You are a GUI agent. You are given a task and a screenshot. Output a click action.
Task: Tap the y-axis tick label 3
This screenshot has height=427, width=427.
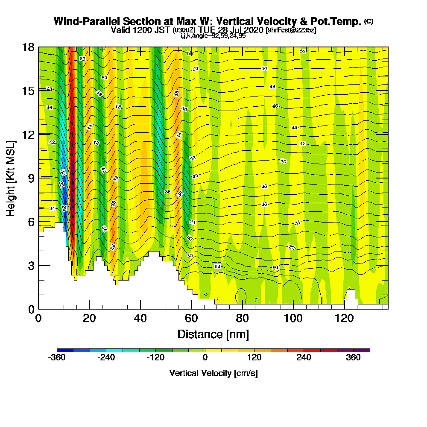(x=31, y=265)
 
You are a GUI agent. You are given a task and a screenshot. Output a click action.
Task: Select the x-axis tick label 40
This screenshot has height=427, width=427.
(x=140, y=319)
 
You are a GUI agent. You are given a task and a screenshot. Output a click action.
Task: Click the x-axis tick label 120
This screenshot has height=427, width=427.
(x=343, y=319)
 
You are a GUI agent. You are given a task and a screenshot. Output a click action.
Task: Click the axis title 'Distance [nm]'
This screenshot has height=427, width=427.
(x=213, y=333)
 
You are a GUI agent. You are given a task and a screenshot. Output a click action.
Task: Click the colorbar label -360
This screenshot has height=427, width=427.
(x=57, y=358)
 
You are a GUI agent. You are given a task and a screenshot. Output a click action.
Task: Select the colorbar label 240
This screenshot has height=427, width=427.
(x=304, y=358)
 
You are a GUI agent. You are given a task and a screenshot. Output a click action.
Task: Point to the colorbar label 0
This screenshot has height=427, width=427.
(x=205, y=358)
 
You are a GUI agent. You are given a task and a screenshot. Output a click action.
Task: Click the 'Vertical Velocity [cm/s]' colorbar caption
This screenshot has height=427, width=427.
(x=213, y=373)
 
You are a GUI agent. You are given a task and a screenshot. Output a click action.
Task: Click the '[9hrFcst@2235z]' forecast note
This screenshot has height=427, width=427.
(x=291, y=30)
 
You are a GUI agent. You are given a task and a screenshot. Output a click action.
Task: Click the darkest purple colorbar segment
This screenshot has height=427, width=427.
(x=362, y=350)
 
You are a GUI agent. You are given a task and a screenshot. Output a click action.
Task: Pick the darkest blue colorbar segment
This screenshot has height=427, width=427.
(x=65, y=350)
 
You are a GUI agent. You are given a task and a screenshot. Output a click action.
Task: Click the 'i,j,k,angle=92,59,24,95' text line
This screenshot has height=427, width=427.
(x=213, y=36)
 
